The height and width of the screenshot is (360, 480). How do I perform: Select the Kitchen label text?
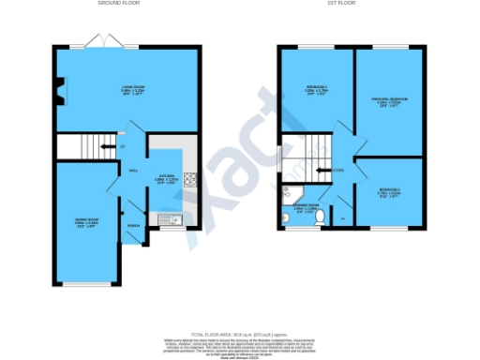[167, 176]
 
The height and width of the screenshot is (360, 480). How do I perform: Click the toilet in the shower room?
[320, 218]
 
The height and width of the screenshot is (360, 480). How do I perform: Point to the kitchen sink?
[170, 221]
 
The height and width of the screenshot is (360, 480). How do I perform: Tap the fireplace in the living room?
[58, 91]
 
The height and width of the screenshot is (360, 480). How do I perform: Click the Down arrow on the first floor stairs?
[327, 170]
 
